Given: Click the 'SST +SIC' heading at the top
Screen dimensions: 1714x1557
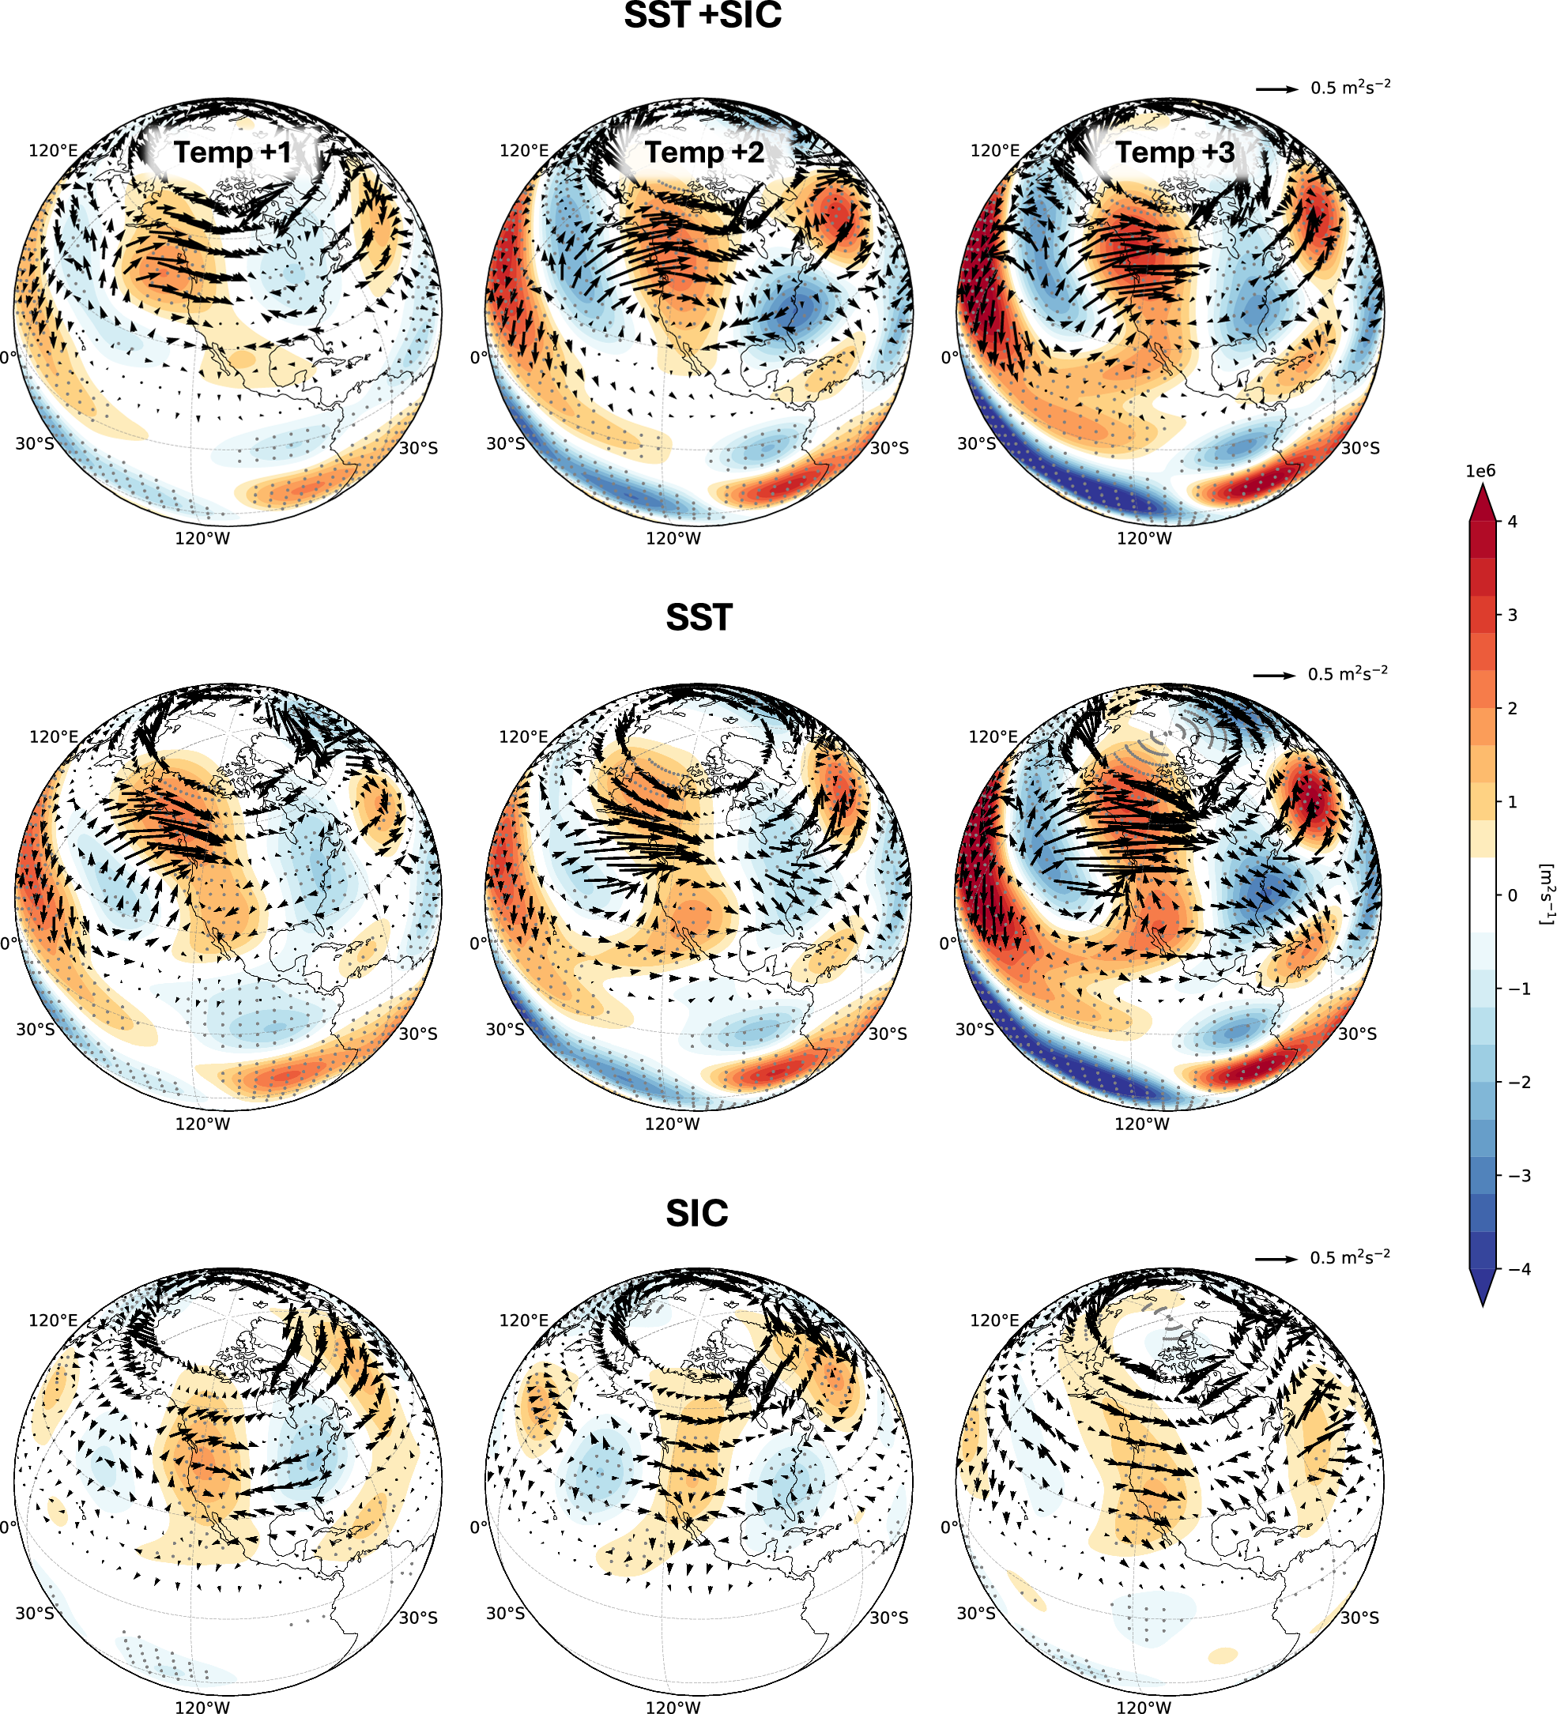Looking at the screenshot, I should tap(703, 15).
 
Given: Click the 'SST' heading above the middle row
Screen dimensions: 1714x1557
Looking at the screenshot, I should tap(699, 617).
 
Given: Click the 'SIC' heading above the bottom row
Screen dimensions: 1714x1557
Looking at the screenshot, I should tap(697, 1213).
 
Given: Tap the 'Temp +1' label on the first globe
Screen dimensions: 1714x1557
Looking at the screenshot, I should tap(232, 153).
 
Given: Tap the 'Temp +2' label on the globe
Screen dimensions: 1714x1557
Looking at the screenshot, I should tap(704, 153).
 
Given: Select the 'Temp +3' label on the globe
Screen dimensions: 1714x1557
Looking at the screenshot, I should tap(1174, 153).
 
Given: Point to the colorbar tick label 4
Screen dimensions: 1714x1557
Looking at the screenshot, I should tap(1512, 522).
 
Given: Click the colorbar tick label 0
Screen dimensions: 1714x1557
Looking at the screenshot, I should tap(1512, 895).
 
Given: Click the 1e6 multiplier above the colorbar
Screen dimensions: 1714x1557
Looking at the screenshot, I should tap(1480, 472).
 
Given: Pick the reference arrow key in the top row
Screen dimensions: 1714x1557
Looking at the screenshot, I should tap(1277, 89).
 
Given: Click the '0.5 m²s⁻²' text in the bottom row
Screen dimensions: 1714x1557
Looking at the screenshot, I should tap(1349, 1257).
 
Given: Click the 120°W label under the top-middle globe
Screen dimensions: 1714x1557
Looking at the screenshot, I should tap(673, 538).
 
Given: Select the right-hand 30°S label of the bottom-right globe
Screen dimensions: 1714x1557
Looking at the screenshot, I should tap(1359, 1618).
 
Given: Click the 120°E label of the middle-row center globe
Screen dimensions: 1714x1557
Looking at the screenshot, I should tap(523, 737).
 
